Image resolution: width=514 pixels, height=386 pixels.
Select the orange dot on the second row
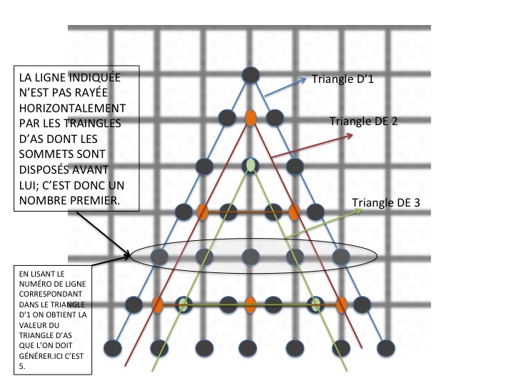(x=251, y=117)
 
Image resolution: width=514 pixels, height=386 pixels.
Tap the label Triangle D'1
(x=343, y=79)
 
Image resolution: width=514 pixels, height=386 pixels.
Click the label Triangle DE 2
(x=364, y=122)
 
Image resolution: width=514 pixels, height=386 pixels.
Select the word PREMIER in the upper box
(x=93, y=202)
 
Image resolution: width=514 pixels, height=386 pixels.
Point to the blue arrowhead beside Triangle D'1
(x=306, y=77)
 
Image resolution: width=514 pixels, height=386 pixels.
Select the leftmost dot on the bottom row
(x=112, y=348)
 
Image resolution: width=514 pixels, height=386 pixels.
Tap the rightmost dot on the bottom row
(x=387, y=348)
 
